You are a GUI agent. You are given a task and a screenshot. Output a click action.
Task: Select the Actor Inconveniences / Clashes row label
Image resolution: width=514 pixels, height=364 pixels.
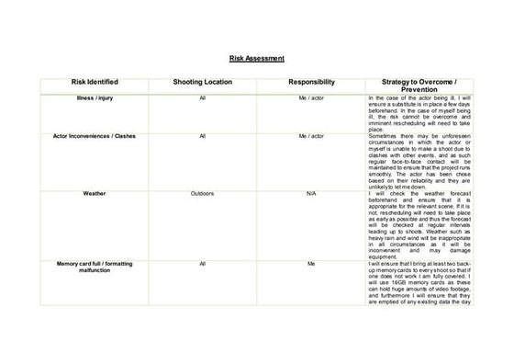95,135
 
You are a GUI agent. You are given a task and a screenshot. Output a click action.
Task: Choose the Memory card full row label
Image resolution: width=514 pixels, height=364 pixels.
95,267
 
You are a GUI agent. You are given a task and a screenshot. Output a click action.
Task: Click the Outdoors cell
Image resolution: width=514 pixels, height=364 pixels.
202,194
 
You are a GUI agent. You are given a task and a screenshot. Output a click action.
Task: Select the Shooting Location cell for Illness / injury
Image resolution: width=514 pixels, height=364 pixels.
202,97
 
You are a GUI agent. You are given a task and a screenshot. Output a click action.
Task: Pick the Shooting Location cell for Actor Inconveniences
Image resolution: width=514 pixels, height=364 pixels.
202,135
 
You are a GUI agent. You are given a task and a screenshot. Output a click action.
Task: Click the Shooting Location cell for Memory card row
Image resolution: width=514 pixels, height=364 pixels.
202,263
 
